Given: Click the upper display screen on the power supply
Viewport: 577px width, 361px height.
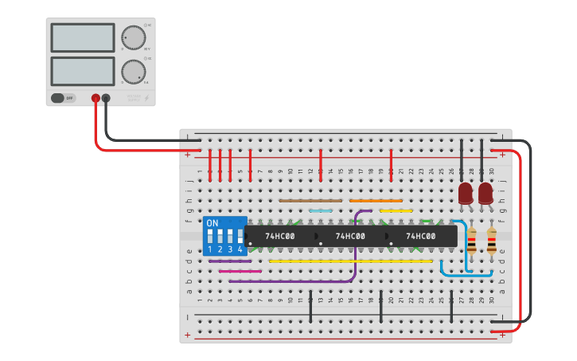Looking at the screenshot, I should click(83, 37).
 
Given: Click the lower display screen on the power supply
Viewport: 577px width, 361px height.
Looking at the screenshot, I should click(83, 71).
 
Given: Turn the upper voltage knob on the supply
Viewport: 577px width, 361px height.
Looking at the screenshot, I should click(133, 37).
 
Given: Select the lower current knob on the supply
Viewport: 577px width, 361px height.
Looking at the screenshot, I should click(133, 72).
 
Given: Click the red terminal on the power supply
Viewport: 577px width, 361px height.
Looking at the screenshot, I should click(96, 98).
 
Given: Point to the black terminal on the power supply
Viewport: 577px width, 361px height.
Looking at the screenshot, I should click(106, 98).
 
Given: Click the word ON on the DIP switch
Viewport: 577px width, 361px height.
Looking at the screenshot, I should click(212, 223).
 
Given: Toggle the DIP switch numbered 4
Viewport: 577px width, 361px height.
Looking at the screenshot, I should click(240, 236).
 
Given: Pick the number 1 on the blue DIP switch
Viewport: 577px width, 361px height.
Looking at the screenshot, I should click(210, 249).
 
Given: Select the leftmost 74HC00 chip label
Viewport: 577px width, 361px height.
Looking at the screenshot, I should click(280, 237).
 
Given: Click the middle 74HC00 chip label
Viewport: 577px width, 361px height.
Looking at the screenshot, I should click(350, 237).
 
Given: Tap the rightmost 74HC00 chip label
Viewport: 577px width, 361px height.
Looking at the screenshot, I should click(421, 237).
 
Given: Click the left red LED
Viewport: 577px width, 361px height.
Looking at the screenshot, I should click(466, 193).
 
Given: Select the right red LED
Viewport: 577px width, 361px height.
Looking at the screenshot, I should click(485, 193).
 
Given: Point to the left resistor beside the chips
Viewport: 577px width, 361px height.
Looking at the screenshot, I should click(472, 241).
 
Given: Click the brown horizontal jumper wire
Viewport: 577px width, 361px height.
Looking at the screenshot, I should click(310, 200).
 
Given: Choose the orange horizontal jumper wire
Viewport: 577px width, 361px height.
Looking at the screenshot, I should click(376, 200).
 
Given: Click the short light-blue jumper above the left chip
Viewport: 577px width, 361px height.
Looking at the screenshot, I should click(321, 211).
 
